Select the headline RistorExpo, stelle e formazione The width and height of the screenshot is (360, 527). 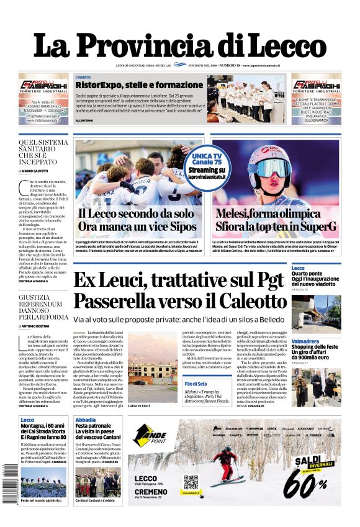pos(131,85)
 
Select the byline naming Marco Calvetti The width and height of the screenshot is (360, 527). pos(35,171)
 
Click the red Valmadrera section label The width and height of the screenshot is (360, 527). pos(305,341)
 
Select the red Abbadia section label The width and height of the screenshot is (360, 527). pos(86,420)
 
